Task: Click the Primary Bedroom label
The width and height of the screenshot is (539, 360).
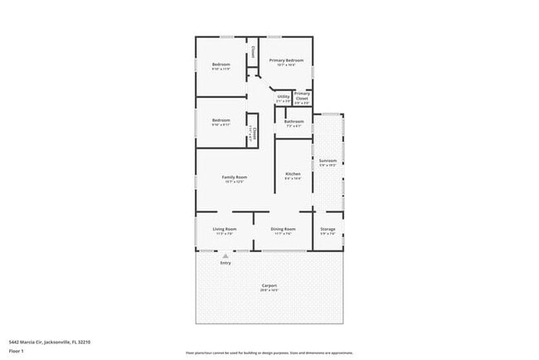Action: pos(285,60)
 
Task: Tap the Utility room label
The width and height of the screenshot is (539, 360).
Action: pos(283,96)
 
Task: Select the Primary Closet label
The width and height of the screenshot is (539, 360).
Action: pos(302,96)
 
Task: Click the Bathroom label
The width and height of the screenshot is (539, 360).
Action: pos(294,121)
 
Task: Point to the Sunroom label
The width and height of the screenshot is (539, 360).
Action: pos(328,160)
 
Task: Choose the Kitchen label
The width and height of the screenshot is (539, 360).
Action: pos(293,173)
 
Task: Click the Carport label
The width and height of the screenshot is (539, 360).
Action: pos(269,286)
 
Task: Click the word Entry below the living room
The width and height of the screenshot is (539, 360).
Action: pos(225,263)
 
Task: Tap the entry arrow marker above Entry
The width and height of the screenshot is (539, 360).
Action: pos(225,255)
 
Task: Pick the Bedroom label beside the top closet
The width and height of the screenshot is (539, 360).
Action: pos(221,64)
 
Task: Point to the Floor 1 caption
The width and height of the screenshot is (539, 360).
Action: pos(17,350)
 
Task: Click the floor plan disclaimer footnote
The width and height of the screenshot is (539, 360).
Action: pos(269,353)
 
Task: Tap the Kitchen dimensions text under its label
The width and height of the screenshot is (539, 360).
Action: pos(293,178)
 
